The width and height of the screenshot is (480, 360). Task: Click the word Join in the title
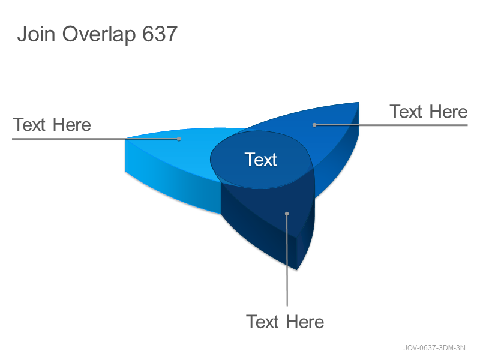pos(36,34)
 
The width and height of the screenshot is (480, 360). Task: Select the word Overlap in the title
pos(99,35)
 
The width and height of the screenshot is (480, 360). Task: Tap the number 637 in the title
pos(160,34)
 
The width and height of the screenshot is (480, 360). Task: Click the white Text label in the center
pos(261,160)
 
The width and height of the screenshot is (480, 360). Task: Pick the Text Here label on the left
pos(52,125)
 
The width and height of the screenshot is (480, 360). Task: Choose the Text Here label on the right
pos(428,112)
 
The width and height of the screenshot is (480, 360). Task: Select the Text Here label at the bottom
pos(285,322)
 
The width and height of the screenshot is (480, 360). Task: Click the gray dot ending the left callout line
pos(179,139)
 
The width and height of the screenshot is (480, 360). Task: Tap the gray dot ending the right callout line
pos(314,125)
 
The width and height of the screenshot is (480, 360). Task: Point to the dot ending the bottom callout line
pos(287,214)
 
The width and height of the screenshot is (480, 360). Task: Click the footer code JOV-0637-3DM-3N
pos(434,348)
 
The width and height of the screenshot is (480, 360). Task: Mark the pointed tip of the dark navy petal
pos(296,269)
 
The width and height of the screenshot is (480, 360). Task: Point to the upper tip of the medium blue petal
pos(359,103)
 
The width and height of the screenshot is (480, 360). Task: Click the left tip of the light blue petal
pos(125,139)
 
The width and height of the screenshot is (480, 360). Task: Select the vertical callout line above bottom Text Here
pos(287,260)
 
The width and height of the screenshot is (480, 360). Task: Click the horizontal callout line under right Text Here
pos(391,125)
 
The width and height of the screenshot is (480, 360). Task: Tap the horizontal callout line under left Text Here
pos(95,139)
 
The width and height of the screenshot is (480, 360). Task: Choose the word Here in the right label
pos(448,112)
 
